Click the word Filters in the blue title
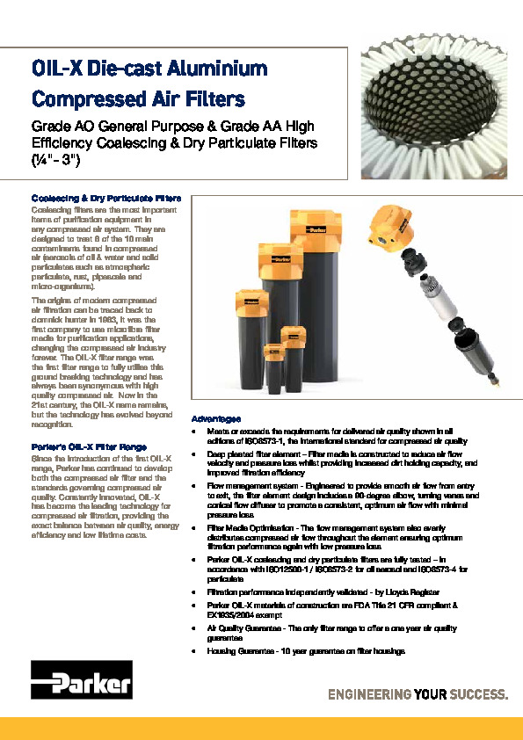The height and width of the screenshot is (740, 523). pos(210,98)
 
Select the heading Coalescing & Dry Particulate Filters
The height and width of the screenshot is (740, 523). pos(105,199)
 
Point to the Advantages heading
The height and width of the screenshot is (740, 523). pos(216,418)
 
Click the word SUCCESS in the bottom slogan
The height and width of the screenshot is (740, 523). pos(479,694)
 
